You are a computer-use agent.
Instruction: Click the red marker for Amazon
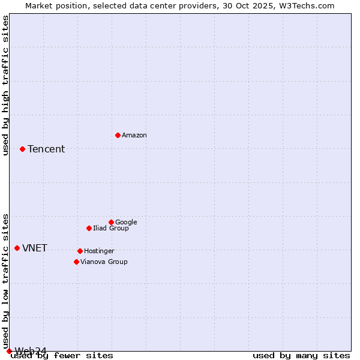(x=118, y=135)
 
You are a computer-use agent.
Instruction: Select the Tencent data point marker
(x=22, y=149)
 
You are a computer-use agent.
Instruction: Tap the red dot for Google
(x=111, y=222)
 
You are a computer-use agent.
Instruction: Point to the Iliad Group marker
(x=89, y=228)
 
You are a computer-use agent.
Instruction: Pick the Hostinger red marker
(x=80, y=251)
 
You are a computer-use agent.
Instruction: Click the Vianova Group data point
(x=76, y=262)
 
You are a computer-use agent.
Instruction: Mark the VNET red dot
(x=17, y=248)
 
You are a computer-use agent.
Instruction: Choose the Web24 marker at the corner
(x=9, y=351)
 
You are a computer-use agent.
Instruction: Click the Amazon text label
(x=134, y=136)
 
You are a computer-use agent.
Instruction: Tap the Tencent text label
(x=46, y=149)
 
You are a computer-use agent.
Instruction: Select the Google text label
(x=126, y=223)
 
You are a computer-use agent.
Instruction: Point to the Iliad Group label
(x=111, y=229)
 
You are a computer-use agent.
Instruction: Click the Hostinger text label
(x=99, y=251)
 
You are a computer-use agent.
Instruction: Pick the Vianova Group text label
(x=104, y=262)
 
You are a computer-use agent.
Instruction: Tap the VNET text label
(x=35, y=248)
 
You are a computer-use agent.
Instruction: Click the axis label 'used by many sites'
(x=301, y=356)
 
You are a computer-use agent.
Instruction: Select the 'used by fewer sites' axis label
(x=62, y=356)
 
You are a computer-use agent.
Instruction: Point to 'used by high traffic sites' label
(x=5, y=85)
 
